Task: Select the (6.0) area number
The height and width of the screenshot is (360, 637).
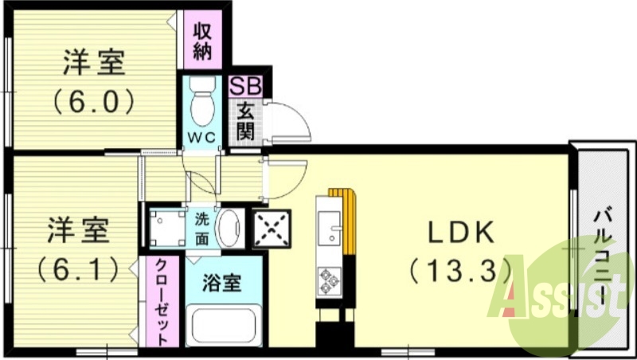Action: coord(94,102)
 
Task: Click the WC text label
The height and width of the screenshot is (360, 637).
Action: coord(202,137)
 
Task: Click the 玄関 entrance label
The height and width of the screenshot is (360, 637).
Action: coord(244,122)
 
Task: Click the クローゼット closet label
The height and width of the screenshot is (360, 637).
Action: coord(162,301)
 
